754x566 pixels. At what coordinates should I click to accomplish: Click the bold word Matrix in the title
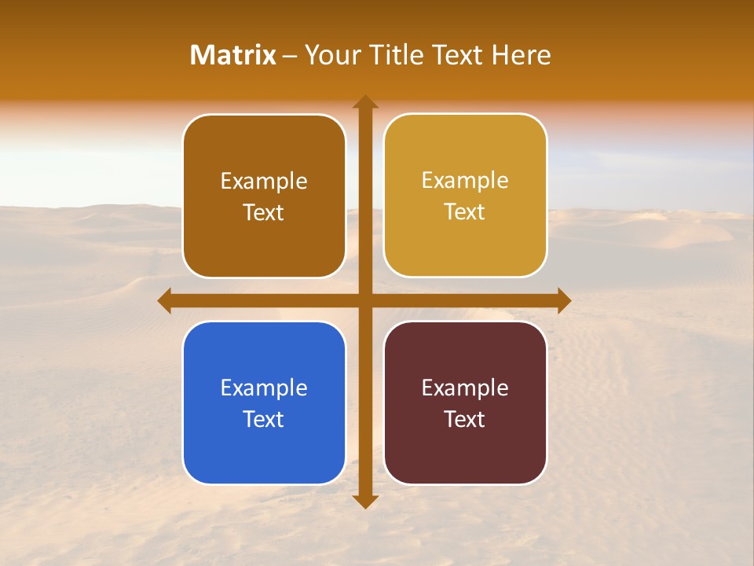tap(233, 55)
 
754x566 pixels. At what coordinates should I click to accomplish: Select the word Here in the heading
tap(521, 55)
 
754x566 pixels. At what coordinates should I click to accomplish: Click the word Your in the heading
tap(329, 55)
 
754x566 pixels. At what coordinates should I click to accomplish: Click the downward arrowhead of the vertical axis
tap(364, 501)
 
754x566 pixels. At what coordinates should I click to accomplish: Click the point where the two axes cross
tap(364, 300)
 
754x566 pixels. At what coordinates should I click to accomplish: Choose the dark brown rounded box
tap(264, 236)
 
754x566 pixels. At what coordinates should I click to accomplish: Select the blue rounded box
tap(264, 448)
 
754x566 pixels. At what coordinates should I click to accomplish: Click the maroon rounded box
tap(465, 448)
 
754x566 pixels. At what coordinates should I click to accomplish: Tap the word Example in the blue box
tap(264, 388)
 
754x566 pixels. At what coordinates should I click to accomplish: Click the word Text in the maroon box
tap(465, 419)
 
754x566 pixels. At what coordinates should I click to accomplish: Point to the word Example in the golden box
tap(465, 181)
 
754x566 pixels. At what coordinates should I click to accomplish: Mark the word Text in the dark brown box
tap(264, 212)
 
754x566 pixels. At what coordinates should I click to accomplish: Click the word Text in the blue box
tap(264, 419)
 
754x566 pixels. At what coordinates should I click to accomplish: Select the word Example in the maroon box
tap(465, 388)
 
